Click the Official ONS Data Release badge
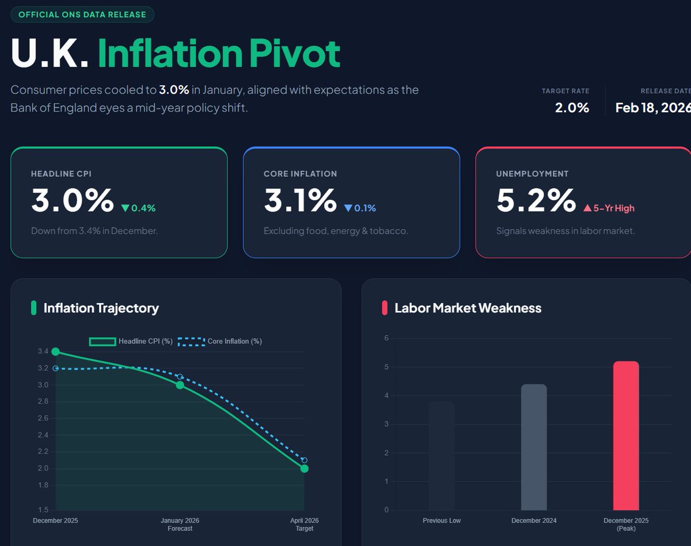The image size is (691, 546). click(82, 14)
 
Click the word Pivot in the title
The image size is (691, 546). click(294, 54)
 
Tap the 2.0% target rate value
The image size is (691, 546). click(572, 108)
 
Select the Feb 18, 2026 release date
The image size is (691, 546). click(652, 108)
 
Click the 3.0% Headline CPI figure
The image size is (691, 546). click(73, 200)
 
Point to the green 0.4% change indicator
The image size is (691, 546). click(138, 208)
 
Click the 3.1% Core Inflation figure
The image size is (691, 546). click(300, 200)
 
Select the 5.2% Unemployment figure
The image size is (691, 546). click(536, 200)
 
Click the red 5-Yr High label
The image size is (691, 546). click(609, 208)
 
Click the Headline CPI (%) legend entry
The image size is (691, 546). click(131, 341)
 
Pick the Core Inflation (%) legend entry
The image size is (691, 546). click(221, 341)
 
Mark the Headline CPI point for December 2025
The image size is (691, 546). click(55, 351)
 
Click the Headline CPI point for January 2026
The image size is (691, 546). click(180, 385)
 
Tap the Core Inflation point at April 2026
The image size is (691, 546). click(304, 460)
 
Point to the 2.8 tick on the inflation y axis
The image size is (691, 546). click(43, 401)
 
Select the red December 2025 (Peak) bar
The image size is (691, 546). click(626, 435)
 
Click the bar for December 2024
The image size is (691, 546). click(534, 447)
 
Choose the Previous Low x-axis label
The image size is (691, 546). click(442, 521)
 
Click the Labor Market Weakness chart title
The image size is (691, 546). click(468, 308)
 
